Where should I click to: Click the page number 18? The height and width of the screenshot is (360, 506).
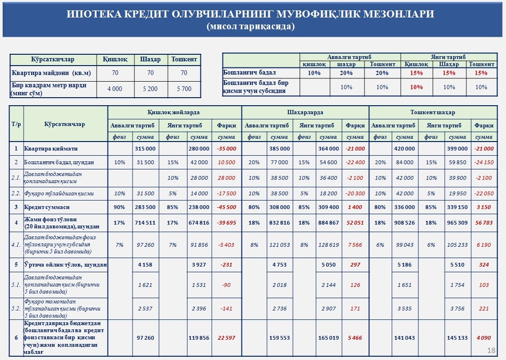pos(491,350)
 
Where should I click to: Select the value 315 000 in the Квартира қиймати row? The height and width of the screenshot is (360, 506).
pos(146,149)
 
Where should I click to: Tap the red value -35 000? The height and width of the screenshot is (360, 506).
pos(226,149)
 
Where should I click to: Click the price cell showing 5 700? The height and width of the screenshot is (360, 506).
pos(184,89)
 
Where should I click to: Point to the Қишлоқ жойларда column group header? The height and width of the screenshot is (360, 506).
pos(174,112)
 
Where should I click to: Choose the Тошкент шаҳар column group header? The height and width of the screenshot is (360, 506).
pos(432,112)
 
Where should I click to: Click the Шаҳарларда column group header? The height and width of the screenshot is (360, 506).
pos(305,112)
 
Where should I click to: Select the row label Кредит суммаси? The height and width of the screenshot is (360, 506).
pos(48,208)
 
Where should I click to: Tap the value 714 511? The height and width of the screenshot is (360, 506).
pos(146,223)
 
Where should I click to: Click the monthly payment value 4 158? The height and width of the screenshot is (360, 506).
pos(146,265)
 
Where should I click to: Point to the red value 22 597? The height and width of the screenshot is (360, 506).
pos(226,338)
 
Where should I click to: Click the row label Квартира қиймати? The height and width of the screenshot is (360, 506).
pos(51,149)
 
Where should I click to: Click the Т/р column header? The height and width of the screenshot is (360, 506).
pos(16,124)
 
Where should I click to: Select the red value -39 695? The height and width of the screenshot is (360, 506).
pos(226,223)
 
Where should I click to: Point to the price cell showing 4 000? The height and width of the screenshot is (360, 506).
pos(115,89)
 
